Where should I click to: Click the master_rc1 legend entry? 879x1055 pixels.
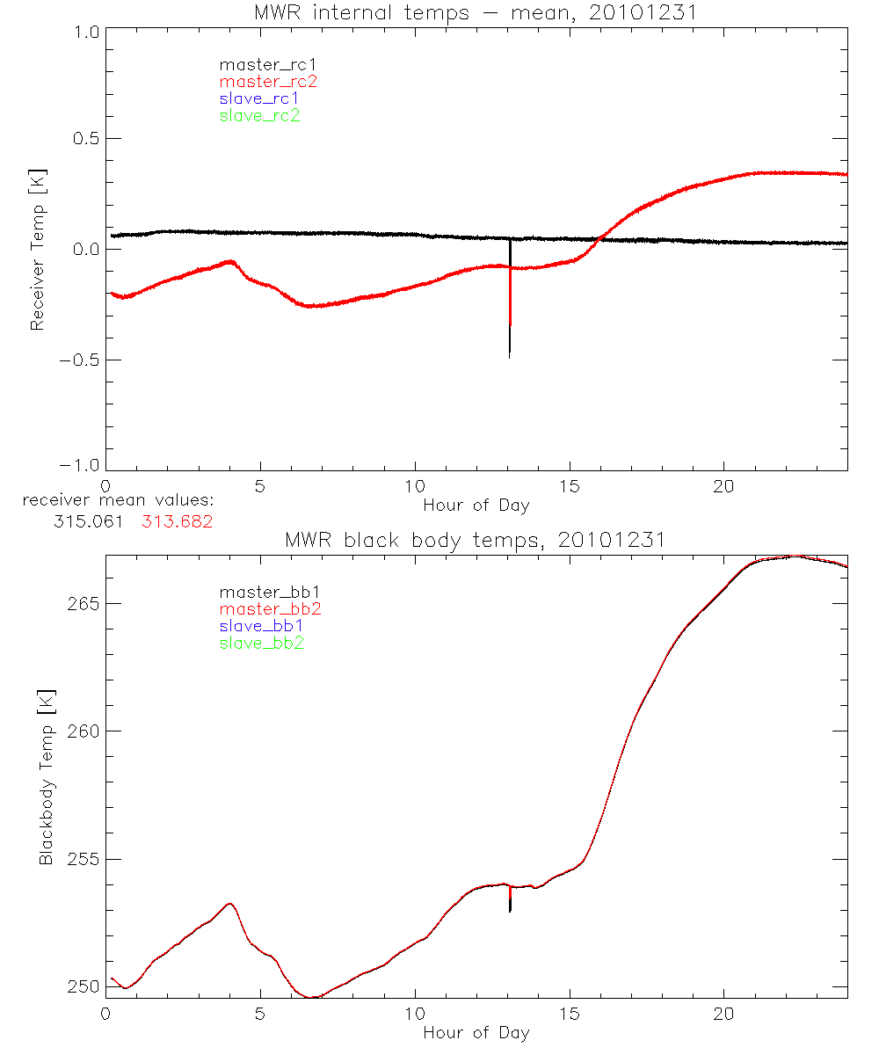click(x=259, y=64)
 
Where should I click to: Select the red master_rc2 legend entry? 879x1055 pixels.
click(x=268, y=81)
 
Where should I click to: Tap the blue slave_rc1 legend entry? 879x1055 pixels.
click(x=259, y=98)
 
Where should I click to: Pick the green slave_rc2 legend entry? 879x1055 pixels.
click(x=259, y=115)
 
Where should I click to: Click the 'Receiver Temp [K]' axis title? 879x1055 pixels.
click(x=37, y=250)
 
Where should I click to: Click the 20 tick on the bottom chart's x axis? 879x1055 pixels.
click(x=723, y=1013)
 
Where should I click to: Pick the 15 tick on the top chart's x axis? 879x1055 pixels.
click(x=570, y=485)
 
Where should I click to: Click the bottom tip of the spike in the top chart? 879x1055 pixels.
click(x=510, y=358)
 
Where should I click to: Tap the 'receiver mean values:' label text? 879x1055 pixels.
click(x=119, y=501)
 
